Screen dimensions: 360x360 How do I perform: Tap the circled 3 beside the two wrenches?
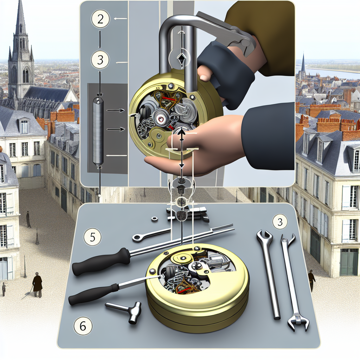tap(280, 222)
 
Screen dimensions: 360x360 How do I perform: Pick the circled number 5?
tap(92, 237)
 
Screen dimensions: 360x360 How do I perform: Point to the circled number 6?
tap(83, 326)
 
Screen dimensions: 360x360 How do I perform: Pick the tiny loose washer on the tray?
tap(153, 219)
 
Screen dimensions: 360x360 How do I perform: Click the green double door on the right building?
tap(349, 262)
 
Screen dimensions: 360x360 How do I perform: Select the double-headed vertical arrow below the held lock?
tap(181, 148)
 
